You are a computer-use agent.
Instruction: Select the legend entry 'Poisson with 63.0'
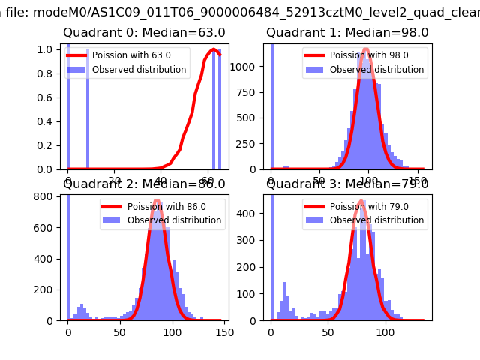pyautogui.click(x=131, y=55)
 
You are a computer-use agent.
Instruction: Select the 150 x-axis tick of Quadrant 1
pyautogui.click(x=416, y=181)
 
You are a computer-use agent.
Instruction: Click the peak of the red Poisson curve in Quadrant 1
pyautogui.click(x=366, y=50)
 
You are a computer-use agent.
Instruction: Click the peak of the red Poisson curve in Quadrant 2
pyautogui.click(x=157, y=201)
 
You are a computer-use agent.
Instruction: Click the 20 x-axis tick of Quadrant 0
pyautogui.click(x=115, y=181)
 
